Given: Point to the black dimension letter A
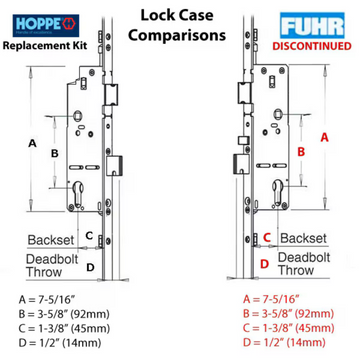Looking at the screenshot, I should tap(31, 143).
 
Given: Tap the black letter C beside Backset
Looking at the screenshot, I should tap(89, 235).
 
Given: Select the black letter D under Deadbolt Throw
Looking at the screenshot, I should tap(90, 266).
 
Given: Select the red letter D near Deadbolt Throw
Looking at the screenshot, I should tap(263, 264).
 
